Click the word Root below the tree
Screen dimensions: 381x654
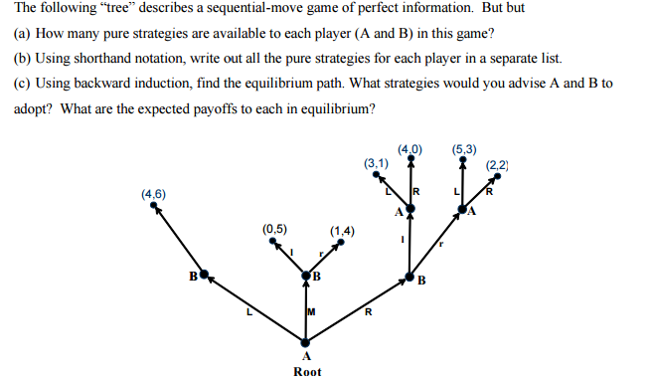pyautogui.click(x=307, y=371)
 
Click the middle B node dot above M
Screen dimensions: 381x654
pyautogui.click(x=306, y=275)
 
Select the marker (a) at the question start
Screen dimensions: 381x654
pyautogui.click(x=21, y=33)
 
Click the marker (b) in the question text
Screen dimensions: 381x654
pyautogui.click(x=21, y=58)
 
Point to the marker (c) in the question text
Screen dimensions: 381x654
pyautogui.click(x=21, y=83)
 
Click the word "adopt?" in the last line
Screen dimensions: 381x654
pyautogui.click(x=35, y=107)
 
